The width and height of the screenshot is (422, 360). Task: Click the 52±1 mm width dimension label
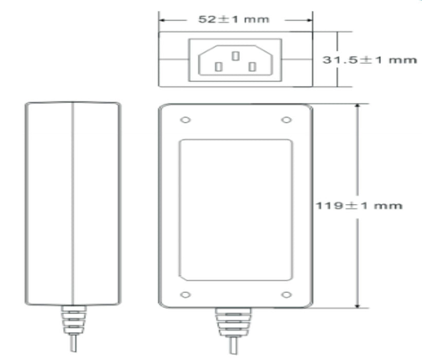pos(234,20)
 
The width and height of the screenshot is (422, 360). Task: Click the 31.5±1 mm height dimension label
pos(370,60)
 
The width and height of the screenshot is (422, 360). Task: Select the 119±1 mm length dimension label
pos(359,206)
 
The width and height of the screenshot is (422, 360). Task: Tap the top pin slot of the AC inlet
pos(236,56)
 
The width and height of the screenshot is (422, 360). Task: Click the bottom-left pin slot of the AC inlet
pos(219,67)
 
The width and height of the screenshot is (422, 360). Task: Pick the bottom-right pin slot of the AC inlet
pos(252,67)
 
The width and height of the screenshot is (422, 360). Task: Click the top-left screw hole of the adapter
pos(185,120)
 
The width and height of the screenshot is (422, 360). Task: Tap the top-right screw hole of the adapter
pos(286,120)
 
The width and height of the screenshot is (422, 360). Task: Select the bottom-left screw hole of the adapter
pos(185,295)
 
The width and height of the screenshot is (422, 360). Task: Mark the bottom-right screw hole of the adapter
pos(286,295)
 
